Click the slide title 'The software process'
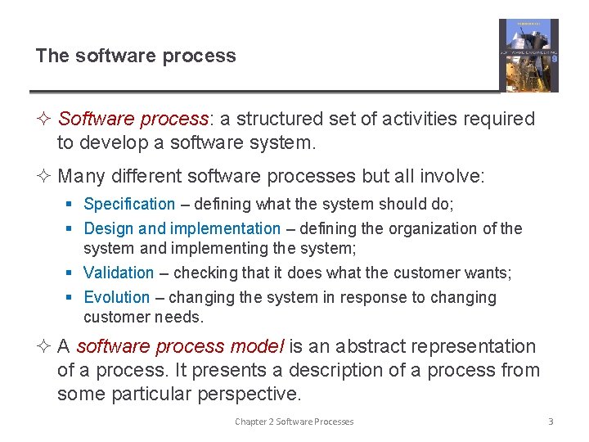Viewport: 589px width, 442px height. pos(136,56)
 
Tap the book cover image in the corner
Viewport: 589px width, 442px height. pos(528,56)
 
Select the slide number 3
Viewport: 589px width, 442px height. pos(551,422)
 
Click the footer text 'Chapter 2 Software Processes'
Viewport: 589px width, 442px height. pos(294,422)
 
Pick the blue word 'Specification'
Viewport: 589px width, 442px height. pos(129,204)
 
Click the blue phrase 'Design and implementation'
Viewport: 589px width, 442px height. pos(182,228)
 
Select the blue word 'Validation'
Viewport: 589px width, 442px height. pos(119,273)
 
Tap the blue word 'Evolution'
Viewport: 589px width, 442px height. pos(117,297)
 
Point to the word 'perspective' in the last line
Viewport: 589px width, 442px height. pos(249,394)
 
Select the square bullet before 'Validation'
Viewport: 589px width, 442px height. pos(73,273)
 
